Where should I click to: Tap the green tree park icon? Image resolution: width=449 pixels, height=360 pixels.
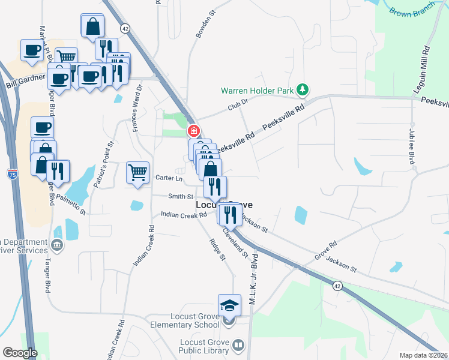(x=303, y=91)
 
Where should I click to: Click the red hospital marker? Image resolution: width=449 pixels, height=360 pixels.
(x=193, y=130)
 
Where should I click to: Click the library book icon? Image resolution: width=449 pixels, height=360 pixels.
(x=239, y=345)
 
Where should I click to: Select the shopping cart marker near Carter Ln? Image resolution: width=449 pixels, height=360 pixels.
(x=137, y=173)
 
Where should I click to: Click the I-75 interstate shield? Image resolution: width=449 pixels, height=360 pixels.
(x=12, y=175)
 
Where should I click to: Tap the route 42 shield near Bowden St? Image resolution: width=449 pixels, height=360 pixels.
(x=125, y=28)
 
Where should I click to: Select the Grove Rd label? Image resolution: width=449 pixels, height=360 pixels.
(x=326, y=251)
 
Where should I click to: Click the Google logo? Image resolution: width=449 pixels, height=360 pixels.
(x=20, y=353)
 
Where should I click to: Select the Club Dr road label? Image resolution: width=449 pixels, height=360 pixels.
(x=237, y=106)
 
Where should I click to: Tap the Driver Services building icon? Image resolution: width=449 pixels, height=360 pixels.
(x=57, y=245)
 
